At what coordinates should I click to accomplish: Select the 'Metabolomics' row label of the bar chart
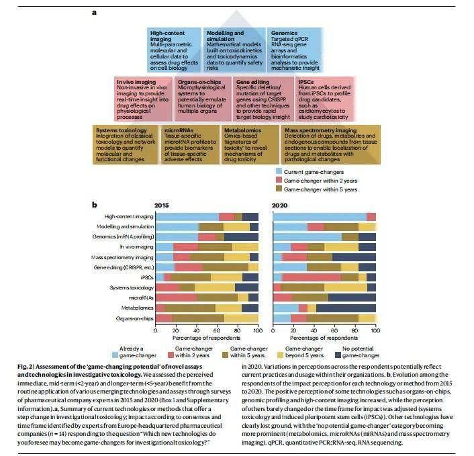[137, 308]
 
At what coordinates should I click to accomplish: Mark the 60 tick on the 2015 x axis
[217, 331]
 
